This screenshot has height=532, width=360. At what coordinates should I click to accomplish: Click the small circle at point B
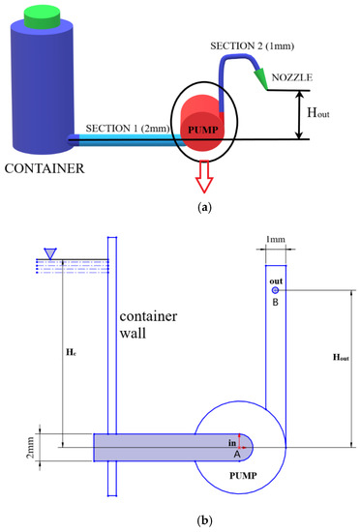point(276,290)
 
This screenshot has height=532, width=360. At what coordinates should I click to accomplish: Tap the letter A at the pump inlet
point(237,452)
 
